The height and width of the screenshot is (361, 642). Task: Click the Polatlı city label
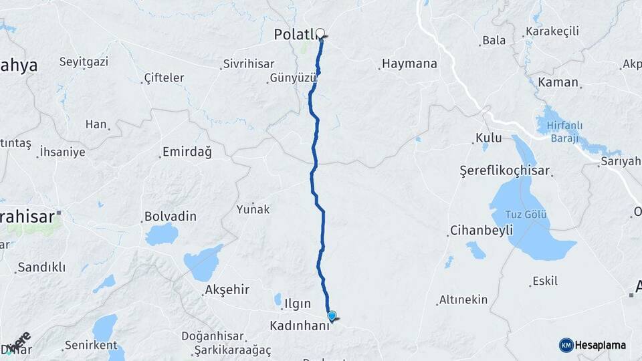tap(294, 34)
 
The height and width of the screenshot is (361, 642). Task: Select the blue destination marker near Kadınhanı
tap(331, 316)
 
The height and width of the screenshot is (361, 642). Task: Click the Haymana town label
tap(409, 64)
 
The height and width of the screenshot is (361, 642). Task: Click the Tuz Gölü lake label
tap(521, 214)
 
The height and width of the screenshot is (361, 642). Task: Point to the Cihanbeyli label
tap(481, 230)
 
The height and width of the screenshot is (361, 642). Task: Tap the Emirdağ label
tap(187, 152)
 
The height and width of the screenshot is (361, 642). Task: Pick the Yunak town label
tap(253, 209)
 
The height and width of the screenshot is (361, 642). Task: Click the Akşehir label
tap(227, 289)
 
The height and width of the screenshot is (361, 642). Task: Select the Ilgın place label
tap(298, 304)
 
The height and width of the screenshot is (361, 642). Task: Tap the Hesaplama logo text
tap(601, 345)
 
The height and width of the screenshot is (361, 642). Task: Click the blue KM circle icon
tap(566, 345)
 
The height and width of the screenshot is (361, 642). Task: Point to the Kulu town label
tap(488, 138)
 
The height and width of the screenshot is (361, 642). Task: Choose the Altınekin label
tap(463, 300)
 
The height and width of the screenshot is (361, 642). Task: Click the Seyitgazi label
tap(84, 62)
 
